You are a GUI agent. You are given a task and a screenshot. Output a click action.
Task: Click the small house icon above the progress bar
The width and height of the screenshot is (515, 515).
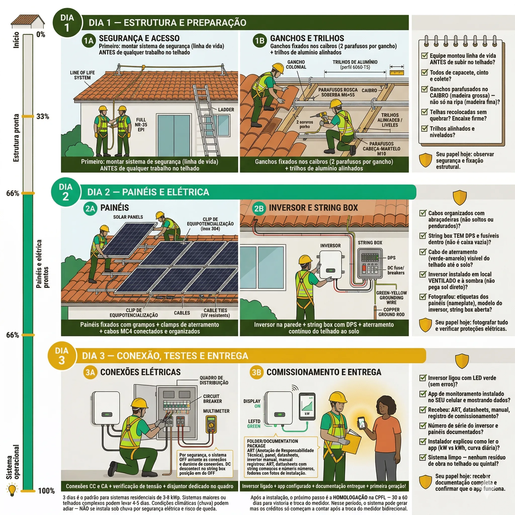pyautogui.click(x=28, y=21)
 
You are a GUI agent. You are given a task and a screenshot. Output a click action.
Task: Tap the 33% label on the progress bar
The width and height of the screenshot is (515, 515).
pyautogui.click(x=43, y=116)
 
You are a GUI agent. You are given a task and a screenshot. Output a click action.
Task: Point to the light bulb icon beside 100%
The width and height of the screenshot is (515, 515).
pyautogui.click(x=12, y=490)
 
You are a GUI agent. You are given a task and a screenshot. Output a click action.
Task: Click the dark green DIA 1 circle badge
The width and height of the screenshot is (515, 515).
pyautogui.click(x=67, y=23)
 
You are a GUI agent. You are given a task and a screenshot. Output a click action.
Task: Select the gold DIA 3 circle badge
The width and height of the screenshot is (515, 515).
pyautogui.click(x=62, y=356)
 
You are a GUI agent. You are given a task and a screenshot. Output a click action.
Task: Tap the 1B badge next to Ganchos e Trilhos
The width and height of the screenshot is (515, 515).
pyautogui.click(x=259, y=41)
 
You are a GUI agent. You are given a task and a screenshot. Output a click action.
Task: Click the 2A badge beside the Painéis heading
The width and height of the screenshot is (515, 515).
pyautogui.click(x=90, y=208)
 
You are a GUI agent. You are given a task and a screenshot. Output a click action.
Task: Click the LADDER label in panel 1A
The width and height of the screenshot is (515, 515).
pyautogui.click(x=226, y=110)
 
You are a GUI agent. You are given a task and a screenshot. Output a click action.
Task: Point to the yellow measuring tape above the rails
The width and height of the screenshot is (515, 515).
pyautogui.click(x=397, y=72)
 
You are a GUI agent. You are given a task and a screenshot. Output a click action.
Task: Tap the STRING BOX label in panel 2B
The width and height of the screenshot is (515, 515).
pyautogui.click(x=370, y=243)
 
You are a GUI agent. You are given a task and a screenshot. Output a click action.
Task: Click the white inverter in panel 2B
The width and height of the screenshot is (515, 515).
pyautogui.click(x=330, y=265)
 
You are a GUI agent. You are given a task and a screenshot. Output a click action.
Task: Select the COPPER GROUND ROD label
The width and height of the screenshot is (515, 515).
pyautogui.click(x=391, y=312)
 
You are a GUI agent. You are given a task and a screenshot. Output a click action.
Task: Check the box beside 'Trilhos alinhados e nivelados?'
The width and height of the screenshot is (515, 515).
pyautogui.click(x=424, y=128)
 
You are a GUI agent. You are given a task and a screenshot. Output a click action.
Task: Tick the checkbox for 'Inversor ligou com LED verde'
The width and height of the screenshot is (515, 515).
pyautogui.click(x=422, y=378)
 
